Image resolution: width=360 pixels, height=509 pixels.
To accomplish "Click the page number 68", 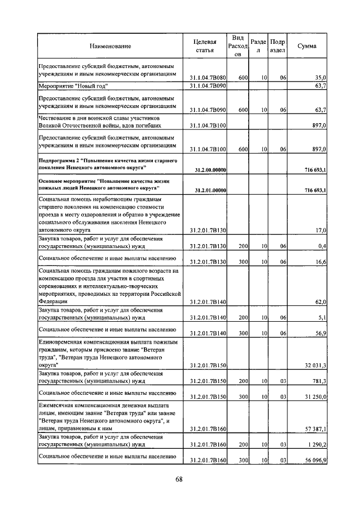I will pyautogui.click(x=179, y=479).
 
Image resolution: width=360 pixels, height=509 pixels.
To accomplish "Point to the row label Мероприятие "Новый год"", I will pyautogui.click(x=73, y=86).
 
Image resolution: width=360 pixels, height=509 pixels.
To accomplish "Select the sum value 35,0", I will pyautogui.click(x=321, y=76).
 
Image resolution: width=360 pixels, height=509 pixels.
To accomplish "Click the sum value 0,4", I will pyautogui.click(x=322, y=246).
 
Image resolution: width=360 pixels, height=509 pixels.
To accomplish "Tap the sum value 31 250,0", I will pyautogui.click(x=315, y=396).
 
